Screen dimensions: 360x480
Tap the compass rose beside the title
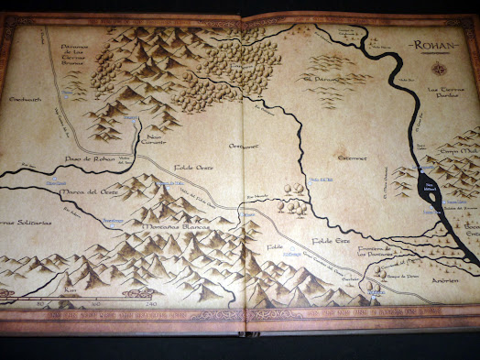443,69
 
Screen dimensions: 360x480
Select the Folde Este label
332,240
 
